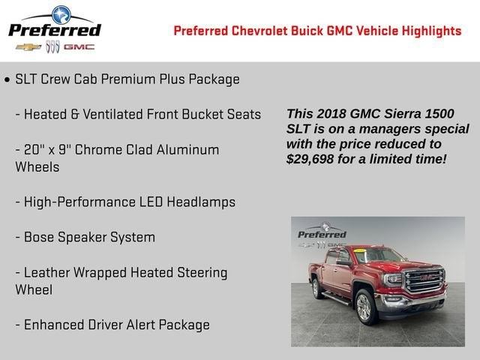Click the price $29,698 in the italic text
[315, 159]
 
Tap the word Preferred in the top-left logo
[54, 30]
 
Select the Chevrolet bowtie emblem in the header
[28, 46]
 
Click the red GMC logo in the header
[79, 46]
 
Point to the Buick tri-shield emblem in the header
[52, 46]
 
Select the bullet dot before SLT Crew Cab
[7, 79]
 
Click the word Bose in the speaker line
[39, 237]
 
